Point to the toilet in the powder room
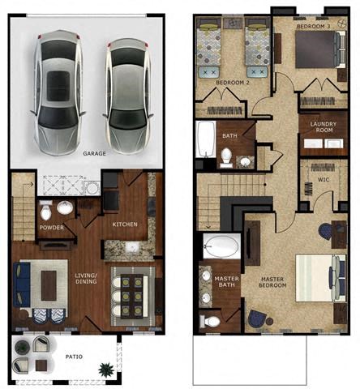tap(47, 213)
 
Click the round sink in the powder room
tap(65, 208)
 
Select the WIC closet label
tap(323, 179)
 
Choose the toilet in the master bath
tap(212, 322)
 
